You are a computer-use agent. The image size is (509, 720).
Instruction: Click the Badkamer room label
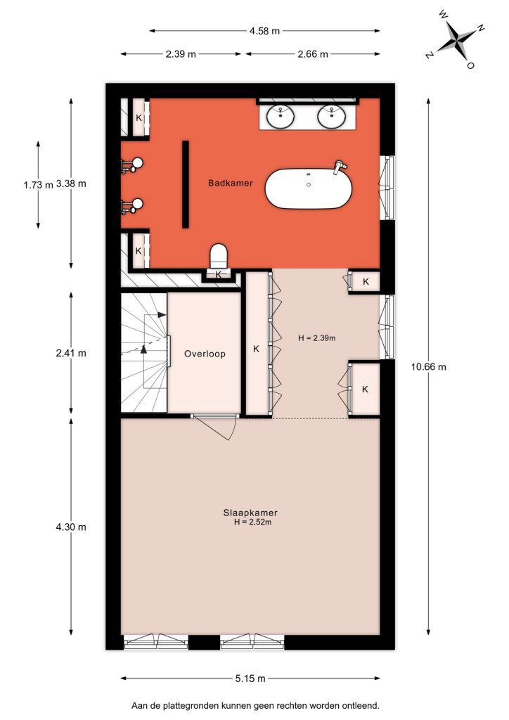coord(231,184)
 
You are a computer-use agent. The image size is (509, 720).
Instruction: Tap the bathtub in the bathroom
coord(309,188)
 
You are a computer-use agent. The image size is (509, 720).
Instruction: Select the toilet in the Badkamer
coord(219,256)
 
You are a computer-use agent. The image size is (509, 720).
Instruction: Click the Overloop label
coord(205,354)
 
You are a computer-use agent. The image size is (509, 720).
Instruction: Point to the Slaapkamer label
coord(250,513)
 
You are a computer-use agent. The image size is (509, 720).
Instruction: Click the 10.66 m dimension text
coord(429,366)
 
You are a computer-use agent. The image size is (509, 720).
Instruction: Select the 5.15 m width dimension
coord(250,679)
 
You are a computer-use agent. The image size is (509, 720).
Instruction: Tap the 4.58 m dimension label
coord(264,31)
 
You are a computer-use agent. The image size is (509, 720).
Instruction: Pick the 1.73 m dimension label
coord(39,185)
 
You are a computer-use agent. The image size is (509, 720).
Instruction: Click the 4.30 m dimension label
coord(71,527)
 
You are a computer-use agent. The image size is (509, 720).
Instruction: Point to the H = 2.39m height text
coord(316,338)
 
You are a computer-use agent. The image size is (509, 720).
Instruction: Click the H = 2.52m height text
coord(253,522)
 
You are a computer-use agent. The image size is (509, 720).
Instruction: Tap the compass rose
coord(456,39)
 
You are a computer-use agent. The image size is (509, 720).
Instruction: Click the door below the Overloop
coord(214,427)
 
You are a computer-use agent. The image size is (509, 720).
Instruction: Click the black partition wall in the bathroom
coord(186,184)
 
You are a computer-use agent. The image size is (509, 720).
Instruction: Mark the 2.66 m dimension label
coord(313,54)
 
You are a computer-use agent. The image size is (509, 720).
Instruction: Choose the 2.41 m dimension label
coord(71,353)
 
